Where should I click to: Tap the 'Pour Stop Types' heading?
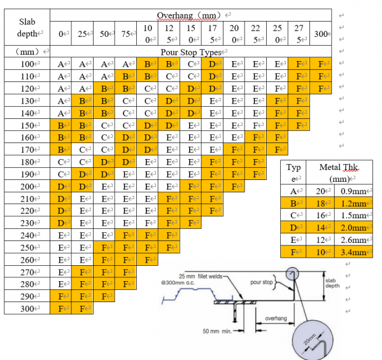click(190, 52)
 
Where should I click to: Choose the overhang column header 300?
click(321, 32)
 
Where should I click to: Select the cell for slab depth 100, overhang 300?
click(321, 64)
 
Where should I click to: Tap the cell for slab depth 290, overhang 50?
click(104, 296)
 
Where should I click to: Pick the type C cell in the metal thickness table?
click(292, 216)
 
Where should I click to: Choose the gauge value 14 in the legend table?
click(322, 228)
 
